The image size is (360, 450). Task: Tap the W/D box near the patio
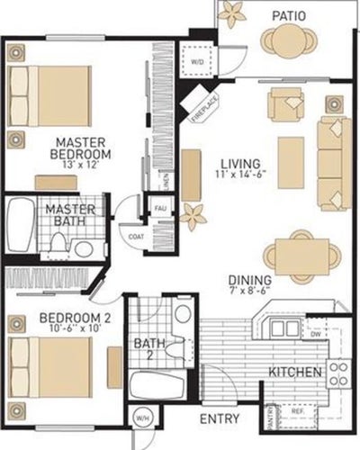pyautogui.click(x=198, y=61)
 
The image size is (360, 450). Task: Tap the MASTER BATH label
pyautogui.click(x=65, y=216)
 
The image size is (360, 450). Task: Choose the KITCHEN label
pyautogui.click(x=295, y=372)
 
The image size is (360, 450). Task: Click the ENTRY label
pyautogui.click(x=219, y=419)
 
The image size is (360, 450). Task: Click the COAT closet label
pyautogui.click(x=137, y=237)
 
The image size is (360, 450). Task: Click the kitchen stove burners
pyautogui.click(x=337, y=372)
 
